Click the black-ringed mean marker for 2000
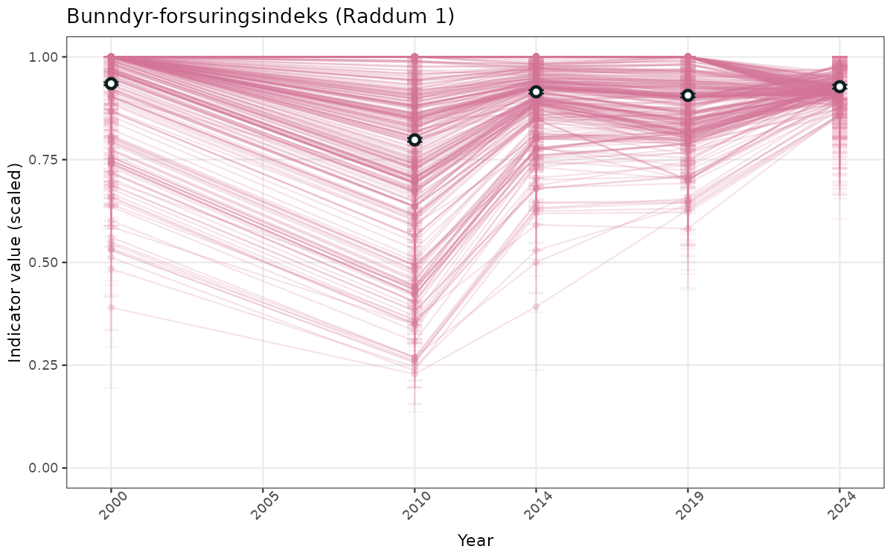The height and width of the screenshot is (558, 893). tap(111, 83)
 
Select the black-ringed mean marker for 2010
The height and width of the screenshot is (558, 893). tap(415, 140)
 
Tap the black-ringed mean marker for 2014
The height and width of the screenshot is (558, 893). tap(536, 92)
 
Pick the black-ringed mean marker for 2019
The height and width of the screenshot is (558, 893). tap(688, 95)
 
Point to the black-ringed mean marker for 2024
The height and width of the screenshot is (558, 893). tap(839, 87)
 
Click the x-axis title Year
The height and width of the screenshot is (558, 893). tap(475, 540)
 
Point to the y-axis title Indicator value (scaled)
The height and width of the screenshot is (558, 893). tap(16, 262)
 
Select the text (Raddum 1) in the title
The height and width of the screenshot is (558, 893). tap(394, 16)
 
